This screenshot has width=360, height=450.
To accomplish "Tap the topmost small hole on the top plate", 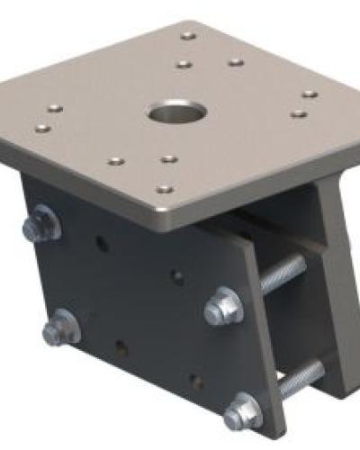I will click(187, 36).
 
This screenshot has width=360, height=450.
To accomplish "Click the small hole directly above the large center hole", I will click(183, 65).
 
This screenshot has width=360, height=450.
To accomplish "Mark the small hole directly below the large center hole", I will click(168, 159).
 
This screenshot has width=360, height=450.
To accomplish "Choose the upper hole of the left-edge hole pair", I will click(55, 108).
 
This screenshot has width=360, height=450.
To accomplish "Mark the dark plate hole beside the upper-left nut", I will click(102, 243).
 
